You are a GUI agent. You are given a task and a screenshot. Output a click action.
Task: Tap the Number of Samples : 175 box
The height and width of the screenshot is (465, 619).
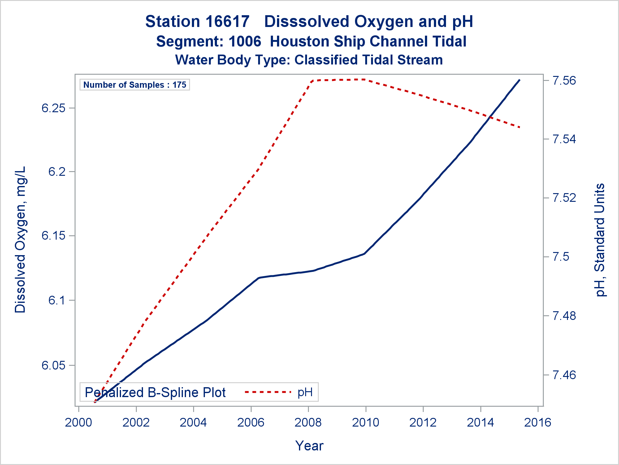point(135,85)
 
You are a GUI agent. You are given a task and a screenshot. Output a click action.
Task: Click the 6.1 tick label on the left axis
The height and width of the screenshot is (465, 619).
point(57,300)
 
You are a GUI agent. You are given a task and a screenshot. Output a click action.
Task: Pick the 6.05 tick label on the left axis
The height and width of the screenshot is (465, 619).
point(54,365)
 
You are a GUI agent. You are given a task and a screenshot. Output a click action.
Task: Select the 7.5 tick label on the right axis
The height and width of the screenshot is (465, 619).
point(561,257)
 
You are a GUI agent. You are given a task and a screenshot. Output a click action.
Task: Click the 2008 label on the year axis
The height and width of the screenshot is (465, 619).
point(308,423)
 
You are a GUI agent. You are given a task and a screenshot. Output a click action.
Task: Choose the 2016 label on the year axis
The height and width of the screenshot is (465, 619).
point(538,423)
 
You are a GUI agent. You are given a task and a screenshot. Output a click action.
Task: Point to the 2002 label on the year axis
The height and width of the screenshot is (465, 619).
point(136,423)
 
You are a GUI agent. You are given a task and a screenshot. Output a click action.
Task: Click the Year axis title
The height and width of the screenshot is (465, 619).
point(309,446)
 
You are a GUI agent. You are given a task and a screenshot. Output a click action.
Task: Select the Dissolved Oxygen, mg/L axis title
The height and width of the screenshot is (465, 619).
point(20,240)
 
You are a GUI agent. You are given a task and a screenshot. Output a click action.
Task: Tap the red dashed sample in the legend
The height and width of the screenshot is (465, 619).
point(268,392)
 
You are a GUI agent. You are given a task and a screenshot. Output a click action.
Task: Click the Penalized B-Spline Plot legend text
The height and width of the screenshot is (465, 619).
point(155,392)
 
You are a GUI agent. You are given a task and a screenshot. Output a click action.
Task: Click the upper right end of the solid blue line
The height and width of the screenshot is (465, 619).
point(520,80)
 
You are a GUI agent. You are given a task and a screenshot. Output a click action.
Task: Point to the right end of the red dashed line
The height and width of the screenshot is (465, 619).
point(520,127)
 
